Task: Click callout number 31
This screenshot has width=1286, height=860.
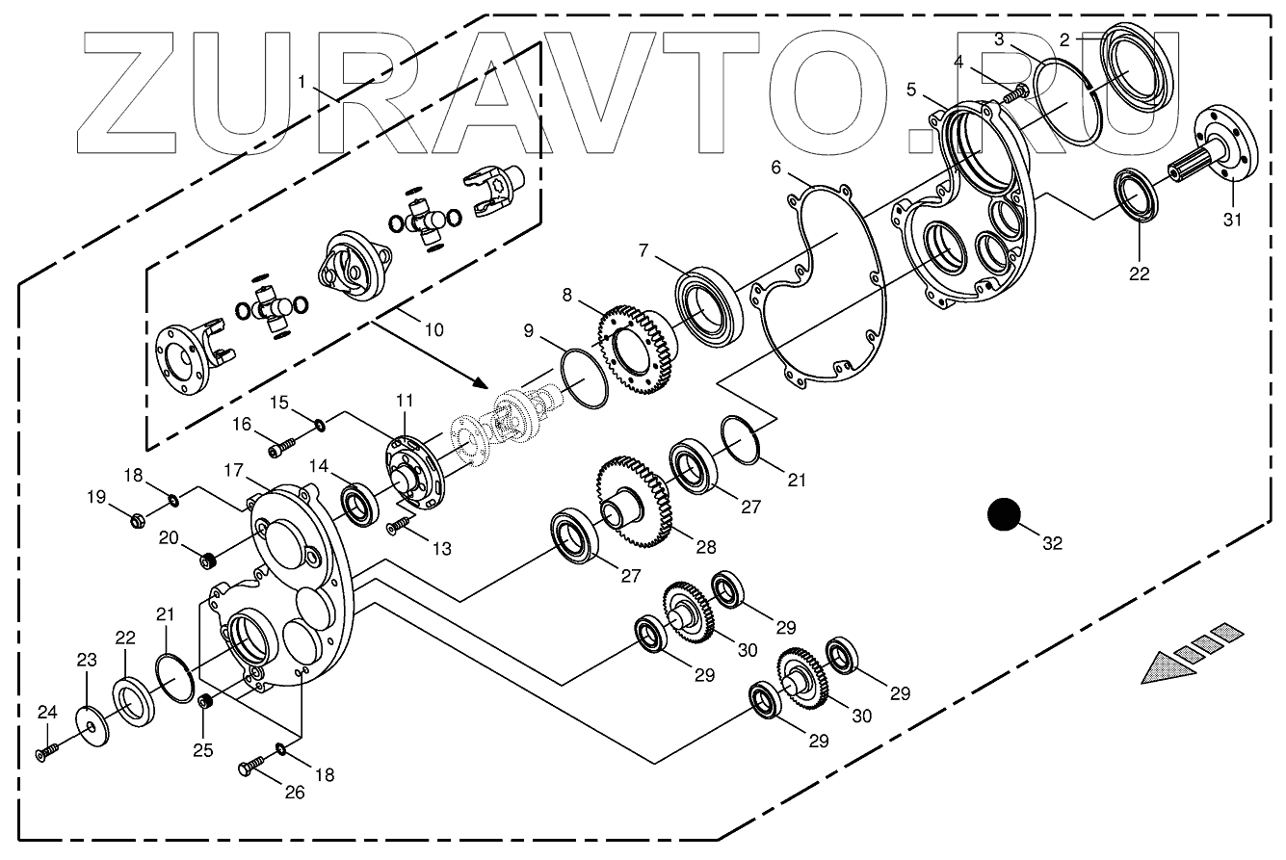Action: pos(1234,221)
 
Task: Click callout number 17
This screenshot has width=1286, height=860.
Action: pos(234,471)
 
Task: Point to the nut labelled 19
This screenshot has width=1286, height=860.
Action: pos(138,521)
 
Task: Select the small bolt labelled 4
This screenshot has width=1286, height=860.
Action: pos(1017,93)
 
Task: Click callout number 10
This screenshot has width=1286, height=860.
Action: pos(433,329)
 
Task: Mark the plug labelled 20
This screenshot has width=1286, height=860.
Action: pos(204,558)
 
